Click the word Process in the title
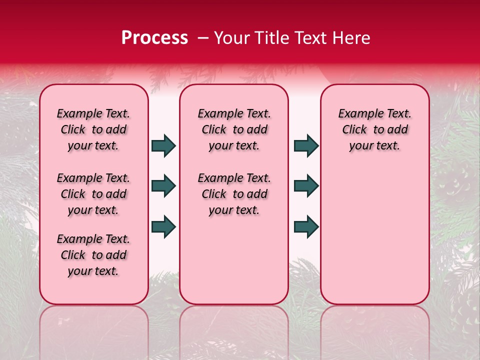154,38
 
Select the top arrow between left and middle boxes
163,146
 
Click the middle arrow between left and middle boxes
163,186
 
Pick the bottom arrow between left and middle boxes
163,226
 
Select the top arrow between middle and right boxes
306,146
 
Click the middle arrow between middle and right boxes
306,186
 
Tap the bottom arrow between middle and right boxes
306,226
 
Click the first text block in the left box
93,129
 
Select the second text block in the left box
93,194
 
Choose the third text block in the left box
93,255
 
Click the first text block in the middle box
234,129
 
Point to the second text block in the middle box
234,194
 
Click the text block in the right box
374,129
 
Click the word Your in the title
230,38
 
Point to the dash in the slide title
203,38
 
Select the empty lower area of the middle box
234,260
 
